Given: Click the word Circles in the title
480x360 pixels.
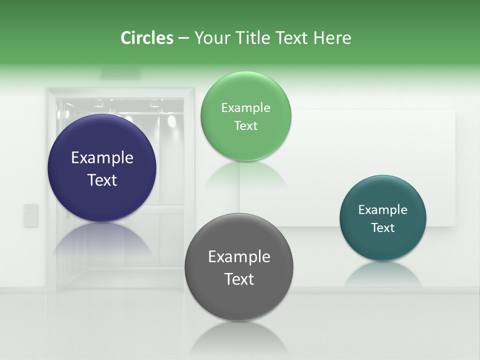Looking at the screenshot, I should [146, 38].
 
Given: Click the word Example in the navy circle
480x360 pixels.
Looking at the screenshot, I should [102, 158].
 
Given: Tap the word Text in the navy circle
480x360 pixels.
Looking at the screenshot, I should [102, 180].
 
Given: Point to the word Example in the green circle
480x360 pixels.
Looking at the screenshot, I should [245, 108].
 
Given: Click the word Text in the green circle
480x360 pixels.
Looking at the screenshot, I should [245, 126].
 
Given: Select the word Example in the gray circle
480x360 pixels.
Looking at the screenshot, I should [239, 257].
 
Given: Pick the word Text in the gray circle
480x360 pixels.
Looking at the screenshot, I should [239, 279].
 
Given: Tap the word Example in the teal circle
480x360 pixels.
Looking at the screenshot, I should [382, 210].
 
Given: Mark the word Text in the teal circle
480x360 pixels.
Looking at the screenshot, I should [382, 228].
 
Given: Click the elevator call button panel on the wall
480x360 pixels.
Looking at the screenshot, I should [31, 215].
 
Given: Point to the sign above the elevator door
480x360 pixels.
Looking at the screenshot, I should [120, 73].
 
